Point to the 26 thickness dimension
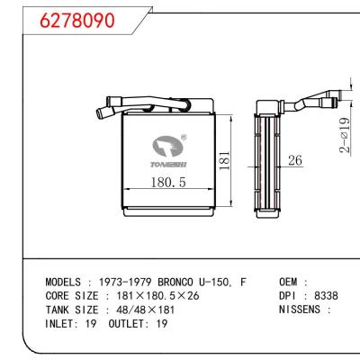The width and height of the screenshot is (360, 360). (x=294, y=162)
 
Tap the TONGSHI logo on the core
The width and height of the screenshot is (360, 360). (x=170, y=147)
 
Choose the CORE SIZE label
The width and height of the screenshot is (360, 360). (x=74, y=295)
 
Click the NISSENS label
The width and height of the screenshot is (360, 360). (x=294, y=309)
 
